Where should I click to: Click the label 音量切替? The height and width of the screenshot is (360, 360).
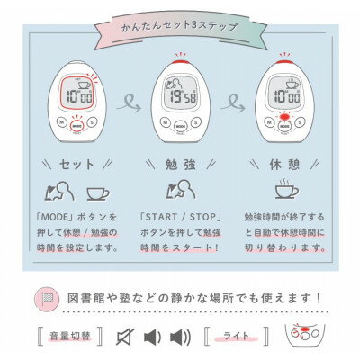[68, 337]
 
